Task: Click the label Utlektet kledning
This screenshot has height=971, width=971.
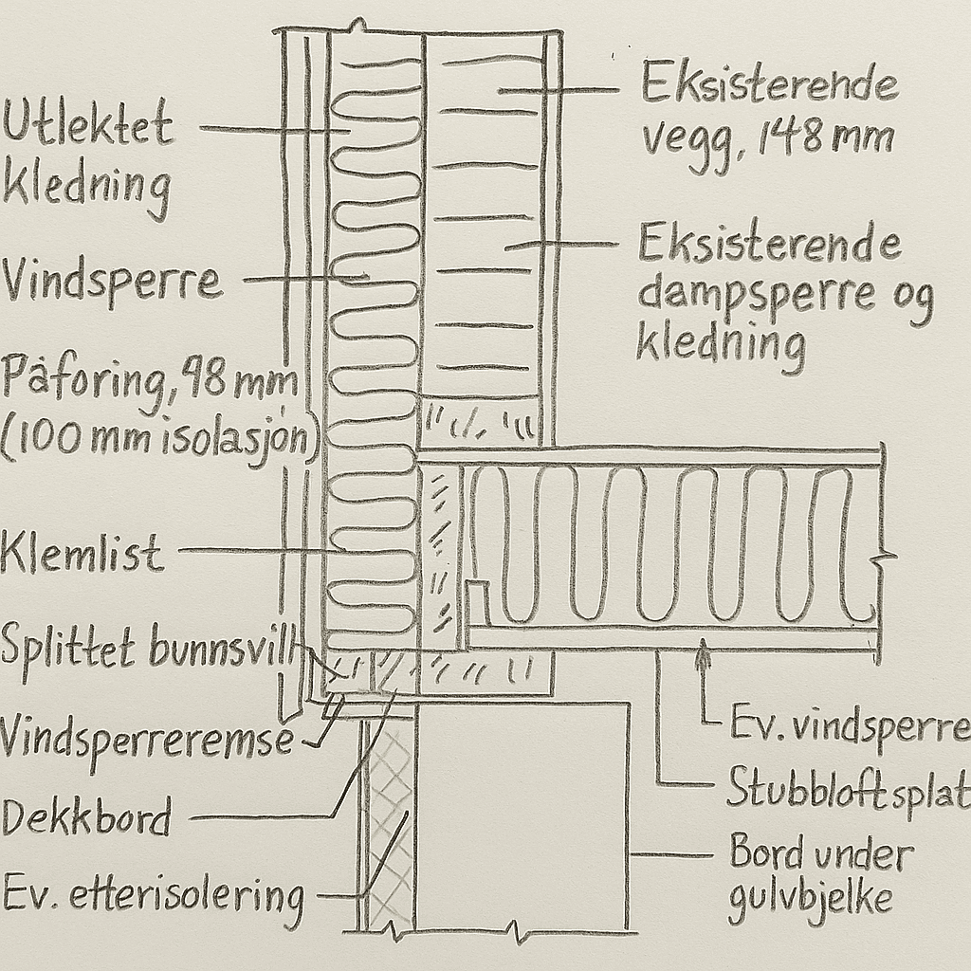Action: coord(87,156)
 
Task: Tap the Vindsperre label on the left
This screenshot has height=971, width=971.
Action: coord(112,282)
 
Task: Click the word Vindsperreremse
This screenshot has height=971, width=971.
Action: coord(147,737)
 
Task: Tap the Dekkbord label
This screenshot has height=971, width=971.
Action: coord(85,815)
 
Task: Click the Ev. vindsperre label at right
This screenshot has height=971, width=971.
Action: coord(850,728)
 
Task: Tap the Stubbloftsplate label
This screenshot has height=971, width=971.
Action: coord(849,789)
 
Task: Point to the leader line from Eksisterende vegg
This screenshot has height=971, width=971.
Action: coord(559,91)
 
